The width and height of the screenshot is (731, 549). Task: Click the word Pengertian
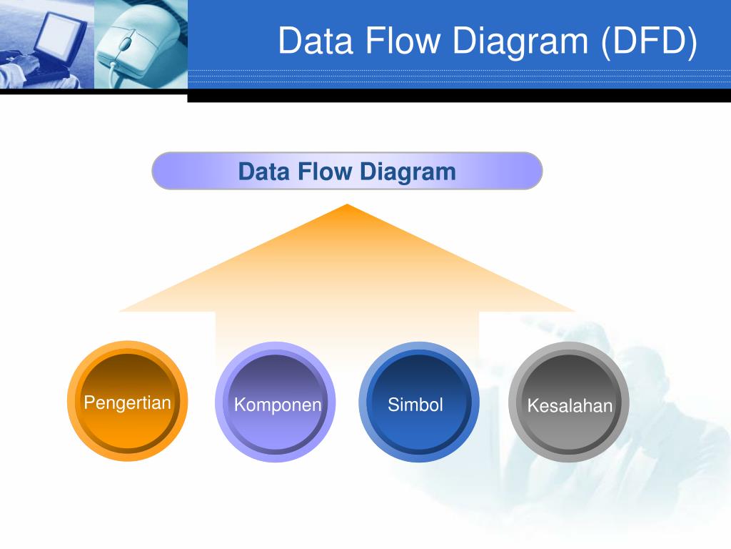point(127,402)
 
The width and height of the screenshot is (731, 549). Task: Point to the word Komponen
point(278,405)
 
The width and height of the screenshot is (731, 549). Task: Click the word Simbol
point(415,405)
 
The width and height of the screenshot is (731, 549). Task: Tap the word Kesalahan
point(570,406)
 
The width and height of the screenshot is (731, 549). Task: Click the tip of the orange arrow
point(347,207)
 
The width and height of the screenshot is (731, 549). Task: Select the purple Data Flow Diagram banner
point(347,171)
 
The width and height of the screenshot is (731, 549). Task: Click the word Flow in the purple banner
point(326,172)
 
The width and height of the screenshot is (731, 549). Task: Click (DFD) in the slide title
point(647,41)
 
